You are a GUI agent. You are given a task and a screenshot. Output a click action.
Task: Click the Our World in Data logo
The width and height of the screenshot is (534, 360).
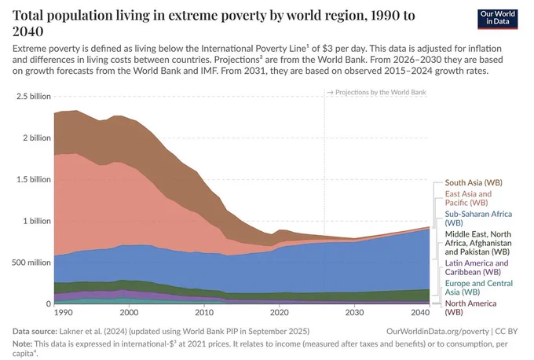[497, 18]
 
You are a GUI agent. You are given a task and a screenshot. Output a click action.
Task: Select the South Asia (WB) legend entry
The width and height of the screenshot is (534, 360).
[474, 182]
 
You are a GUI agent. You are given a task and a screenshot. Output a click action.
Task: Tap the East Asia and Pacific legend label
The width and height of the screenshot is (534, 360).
[468, 198]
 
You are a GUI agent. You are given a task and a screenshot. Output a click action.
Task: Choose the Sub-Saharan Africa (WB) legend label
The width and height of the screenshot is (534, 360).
[478, 219]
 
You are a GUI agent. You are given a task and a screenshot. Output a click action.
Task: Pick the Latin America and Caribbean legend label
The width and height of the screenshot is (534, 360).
[477, 267]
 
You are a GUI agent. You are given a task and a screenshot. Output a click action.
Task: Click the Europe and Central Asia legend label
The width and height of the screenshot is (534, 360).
[478, 288]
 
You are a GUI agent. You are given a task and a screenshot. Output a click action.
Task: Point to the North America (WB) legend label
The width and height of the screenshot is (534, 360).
[470, 307]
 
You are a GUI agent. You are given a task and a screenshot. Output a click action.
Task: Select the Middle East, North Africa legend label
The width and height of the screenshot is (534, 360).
[478, 243]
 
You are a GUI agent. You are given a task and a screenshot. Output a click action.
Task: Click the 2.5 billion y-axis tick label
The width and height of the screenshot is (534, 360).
[33, 97]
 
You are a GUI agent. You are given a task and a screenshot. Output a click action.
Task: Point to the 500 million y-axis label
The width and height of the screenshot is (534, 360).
[31, 263]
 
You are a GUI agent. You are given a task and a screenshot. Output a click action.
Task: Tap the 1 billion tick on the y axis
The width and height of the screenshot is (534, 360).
[37, 221]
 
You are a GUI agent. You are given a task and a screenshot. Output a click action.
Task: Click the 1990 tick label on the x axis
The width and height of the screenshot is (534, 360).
[64, 312]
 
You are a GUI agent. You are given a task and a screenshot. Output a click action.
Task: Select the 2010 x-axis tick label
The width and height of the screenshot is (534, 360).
[204, 312]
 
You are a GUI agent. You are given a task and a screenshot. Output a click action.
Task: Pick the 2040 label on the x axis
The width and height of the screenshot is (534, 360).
[420, 312]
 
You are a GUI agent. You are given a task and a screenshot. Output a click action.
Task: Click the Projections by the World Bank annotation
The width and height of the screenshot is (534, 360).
[377, 93]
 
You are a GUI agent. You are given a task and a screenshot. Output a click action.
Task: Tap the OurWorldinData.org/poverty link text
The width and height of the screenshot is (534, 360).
[437, 332]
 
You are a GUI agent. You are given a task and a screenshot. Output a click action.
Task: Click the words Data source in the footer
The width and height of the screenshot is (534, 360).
[35, 332]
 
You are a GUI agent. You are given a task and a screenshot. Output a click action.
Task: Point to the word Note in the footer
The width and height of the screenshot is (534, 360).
[23, 343]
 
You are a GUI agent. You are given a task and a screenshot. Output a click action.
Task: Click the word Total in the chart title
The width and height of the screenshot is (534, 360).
[28, 16]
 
